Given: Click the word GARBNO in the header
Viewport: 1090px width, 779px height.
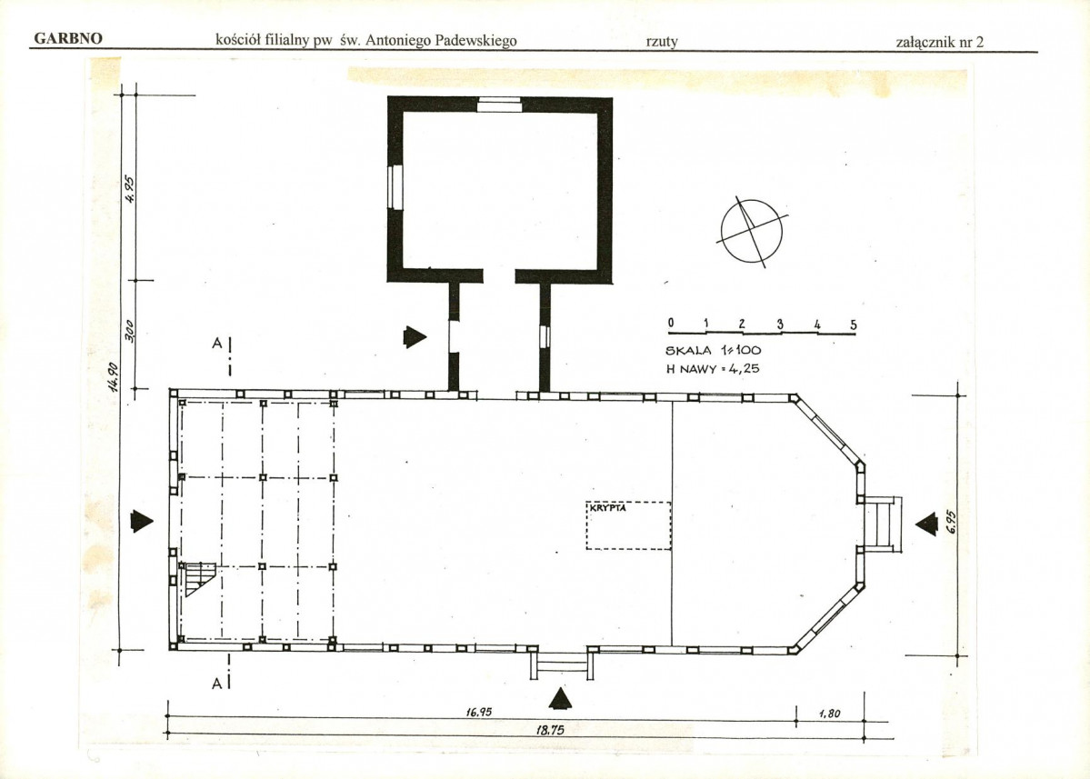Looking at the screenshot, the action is pos(68,38).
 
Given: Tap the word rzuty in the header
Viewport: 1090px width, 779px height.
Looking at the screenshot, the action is pos(662,41).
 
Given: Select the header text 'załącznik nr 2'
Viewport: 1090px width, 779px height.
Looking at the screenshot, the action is pos(940,42).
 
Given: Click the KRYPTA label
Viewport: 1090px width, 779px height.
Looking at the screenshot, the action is pos(608,508).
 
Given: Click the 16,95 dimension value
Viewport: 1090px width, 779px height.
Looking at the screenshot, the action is pos(479,712).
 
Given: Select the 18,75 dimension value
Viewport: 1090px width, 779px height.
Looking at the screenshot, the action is pos(550,730).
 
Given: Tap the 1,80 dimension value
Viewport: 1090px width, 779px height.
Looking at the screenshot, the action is pos(829,713).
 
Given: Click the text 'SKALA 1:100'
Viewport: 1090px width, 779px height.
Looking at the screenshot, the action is pos(714,350).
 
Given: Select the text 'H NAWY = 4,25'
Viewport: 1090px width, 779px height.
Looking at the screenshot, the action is pos(713,368).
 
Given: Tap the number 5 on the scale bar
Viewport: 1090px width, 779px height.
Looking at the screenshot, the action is pos(854,325).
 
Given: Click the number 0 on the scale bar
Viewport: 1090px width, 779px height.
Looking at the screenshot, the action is pos(671,323).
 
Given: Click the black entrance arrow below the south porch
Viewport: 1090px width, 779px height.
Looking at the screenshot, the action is pos(560,698).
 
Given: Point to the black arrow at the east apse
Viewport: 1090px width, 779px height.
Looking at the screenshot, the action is pos(926,524).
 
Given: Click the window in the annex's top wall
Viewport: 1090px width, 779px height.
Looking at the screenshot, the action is pos(499,105).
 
